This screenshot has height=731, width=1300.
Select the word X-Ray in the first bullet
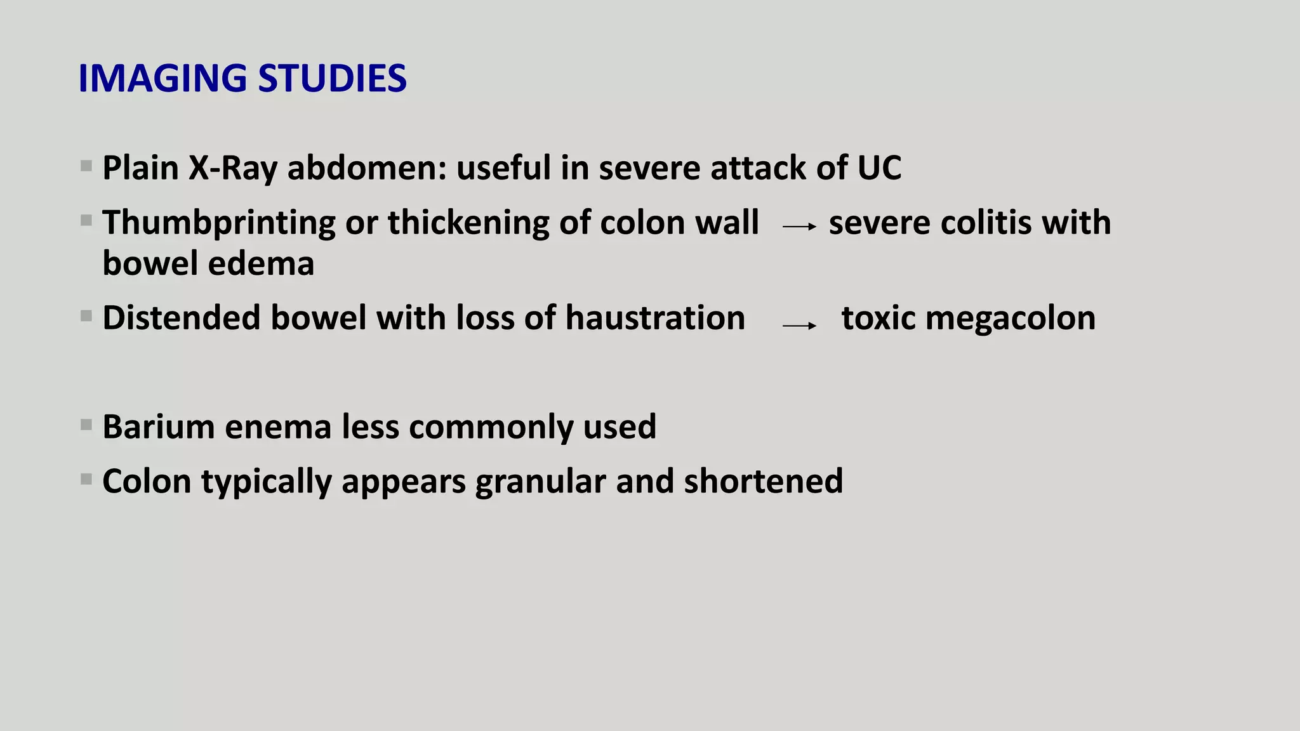click(233, 168)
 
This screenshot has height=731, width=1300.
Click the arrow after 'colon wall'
click(799, 227)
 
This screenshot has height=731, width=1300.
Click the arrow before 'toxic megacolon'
click(799, 326)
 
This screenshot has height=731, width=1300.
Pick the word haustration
click(655, 318)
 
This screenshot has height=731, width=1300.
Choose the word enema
click(278, 426)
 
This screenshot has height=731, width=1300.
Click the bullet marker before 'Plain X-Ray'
click(86, 166)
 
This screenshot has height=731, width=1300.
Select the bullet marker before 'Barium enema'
click(86, 425)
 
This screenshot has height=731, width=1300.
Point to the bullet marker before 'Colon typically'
click(86, 479)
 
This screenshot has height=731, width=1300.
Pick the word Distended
click(181, 318)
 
